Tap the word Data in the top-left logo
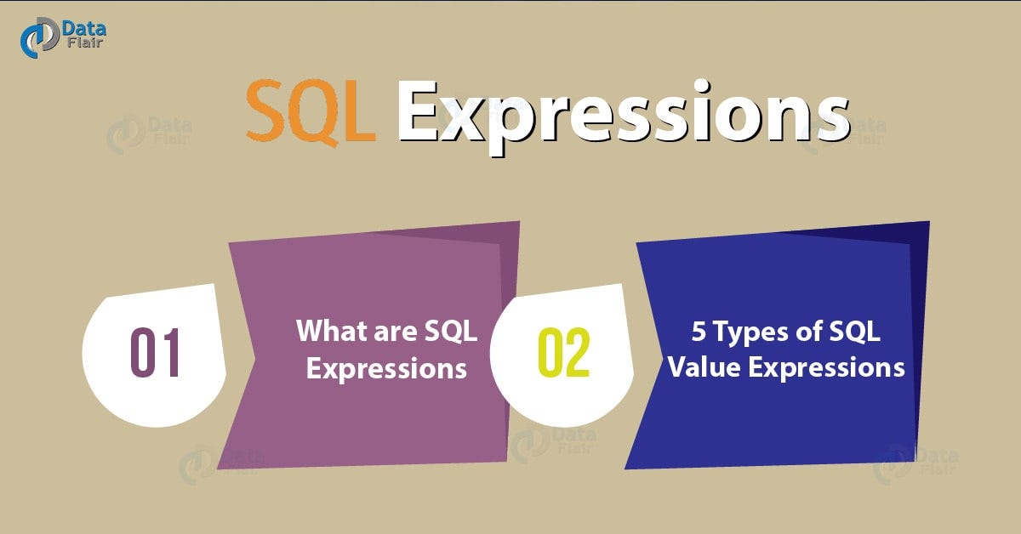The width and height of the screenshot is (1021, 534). [x=83, y=30]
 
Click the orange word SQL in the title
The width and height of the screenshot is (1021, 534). [x=311, y=113]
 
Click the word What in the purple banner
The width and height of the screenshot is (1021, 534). [x=328, y=331]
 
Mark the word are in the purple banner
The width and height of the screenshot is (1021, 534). [x=393, y=332]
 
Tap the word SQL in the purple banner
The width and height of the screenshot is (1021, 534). [x=452, y=332]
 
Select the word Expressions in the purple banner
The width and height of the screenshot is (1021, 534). [x=386, y=369]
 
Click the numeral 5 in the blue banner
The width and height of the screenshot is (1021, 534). [x=699, y=332]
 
